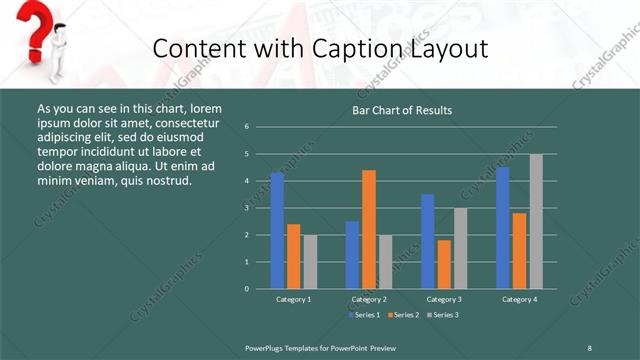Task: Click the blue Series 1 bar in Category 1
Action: pos(277,231)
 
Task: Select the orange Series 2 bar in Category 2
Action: pos(369,229)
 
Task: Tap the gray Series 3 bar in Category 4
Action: pos(536,221)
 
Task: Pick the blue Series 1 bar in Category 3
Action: pos(428,241)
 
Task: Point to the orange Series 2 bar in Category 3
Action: pos(444,264)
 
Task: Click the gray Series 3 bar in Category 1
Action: pos(310,262)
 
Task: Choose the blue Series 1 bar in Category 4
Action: pos(503,228)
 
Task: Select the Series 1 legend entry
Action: pos(363,315)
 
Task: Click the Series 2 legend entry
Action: pos(402,315)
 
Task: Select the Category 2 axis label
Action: pos(369,299)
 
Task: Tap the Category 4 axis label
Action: pos(519,299)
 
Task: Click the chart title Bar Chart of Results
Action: pos(402,110)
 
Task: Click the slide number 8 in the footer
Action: pos(589,347)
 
